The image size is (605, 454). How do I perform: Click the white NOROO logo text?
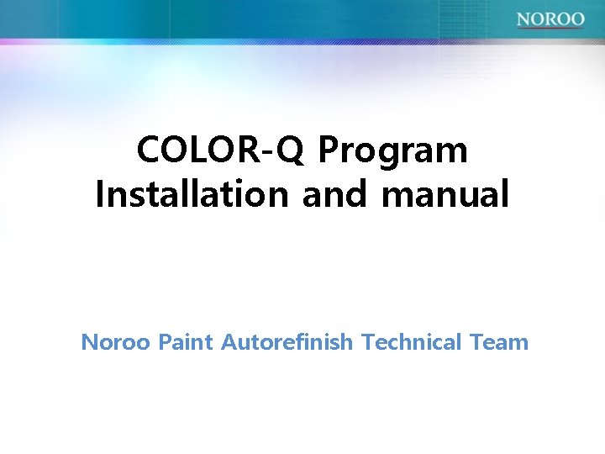click(550, 18)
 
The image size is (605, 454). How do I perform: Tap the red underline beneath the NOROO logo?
click(550, 28)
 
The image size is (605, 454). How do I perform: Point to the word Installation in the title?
click(192, 194)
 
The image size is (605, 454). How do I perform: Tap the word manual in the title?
click(445, 194)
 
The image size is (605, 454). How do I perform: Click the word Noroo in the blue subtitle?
click(116, 342)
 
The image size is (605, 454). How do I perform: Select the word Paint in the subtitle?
click(186, 342)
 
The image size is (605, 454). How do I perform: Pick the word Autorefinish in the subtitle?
click(287, 342)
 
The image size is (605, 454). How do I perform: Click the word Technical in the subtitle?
click(412, 342)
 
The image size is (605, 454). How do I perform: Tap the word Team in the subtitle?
click(499, 342)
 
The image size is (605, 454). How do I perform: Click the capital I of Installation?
click(100, 194)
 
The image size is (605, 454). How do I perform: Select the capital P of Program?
click(329, 151)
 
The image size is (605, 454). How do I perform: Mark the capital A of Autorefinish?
click(229, 342)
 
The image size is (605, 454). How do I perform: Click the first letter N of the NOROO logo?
click(523, 18)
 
